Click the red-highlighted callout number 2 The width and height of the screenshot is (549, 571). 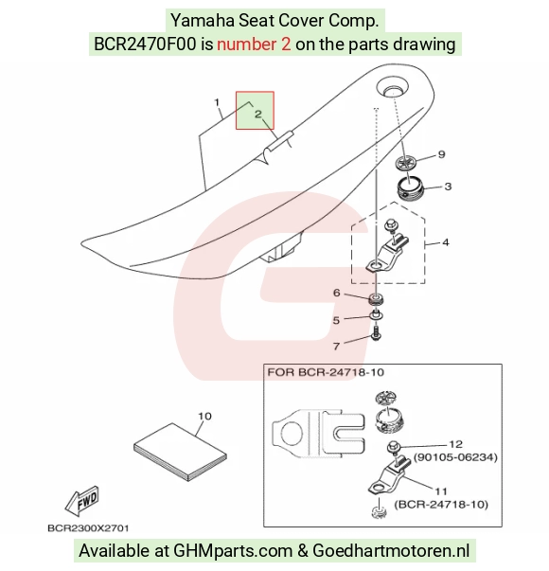pyautogui.click(x=258, y=115)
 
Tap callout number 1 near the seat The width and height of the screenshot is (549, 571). pyautogui.click(x=217, y=102)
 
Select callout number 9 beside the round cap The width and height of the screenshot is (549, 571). pyautogui.click(x=441, y=154)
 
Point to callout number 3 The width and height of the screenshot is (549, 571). pyautogui.click(x=448, y=187)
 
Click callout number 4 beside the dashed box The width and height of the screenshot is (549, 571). pyautogui.click(x=446, y=242)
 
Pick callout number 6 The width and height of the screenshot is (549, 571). pyautogui.click(x=337, y=293)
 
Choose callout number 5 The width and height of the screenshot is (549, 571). pyautogui.click(x=336, y=320)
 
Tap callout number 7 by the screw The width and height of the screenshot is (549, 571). pyautogui.click(x=336, y=346)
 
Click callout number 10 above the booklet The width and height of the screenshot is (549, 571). pyautogui.click(x=204, y=416)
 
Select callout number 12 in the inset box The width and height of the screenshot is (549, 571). pyautogui.click(x=456, y=444)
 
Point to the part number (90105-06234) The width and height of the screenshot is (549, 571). pyautogui.click(x=455, y=457)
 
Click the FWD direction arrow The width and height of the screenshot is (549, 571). pyautogui.click(x=82, y=500)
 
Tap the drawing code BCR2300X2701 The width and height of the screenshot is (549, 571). pyautogui.click(x=88, y=528)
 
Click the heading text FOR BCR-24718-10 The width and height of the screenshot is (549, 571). pyautogui.click(x=326, y=372)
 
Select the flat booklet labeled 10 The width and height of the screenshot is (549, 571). pyautogui.click(x=180, y=452)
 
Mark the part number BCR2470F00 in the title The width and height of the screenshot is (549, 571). pyautogui.click(x=145, y=45)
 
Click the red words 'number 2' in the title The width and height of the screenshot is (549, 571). pyautogui.click(x=254, y=45)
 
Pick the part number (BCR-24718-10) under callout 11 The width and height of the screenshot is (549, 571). pyautogui.click(x=441, y=505)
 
